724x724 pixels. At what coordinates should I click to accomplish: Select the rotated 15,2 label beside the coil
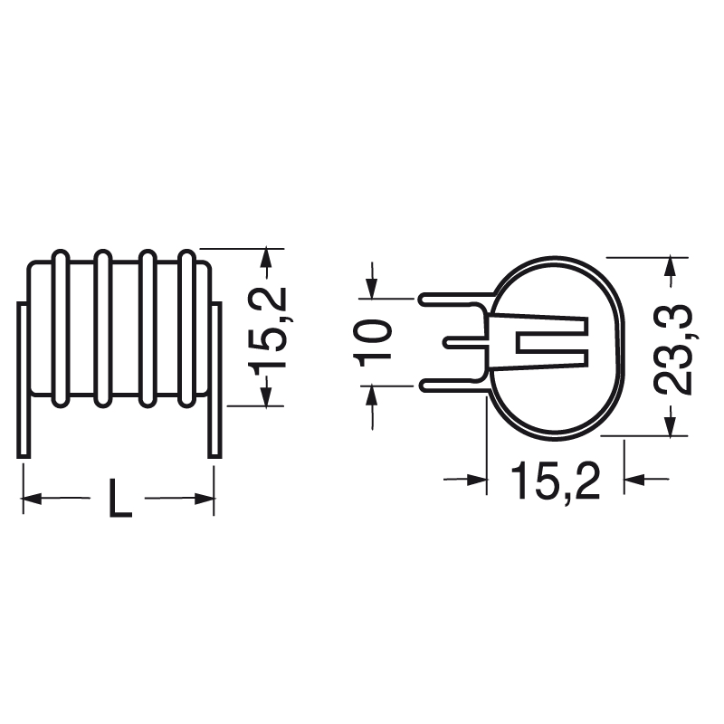click(268, 328)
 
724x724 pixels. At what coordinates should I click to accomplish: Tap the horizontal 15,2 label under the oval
click(555, 480)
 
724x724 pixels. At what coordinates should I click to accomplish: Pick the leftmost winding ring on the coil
click(60, 328)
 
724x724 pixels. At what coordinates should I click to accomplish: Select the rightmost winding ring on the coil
click(187, 328)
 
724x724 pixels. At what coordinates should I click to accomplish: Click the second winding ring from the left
click(102, 328)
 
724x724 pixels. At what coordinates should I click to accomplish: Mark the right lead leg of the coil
click(215, 380)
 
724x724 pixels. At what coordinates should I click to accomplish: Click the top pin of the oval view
click(452, 298)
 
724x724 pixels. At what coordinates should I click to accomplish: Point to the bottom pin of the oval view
click(452, 386)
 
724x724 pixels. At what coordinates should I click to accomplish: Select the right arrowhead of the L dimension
click(205, 498)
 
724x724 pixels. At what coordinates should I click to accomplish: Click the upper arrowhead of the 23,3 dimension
click(671, 267)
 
